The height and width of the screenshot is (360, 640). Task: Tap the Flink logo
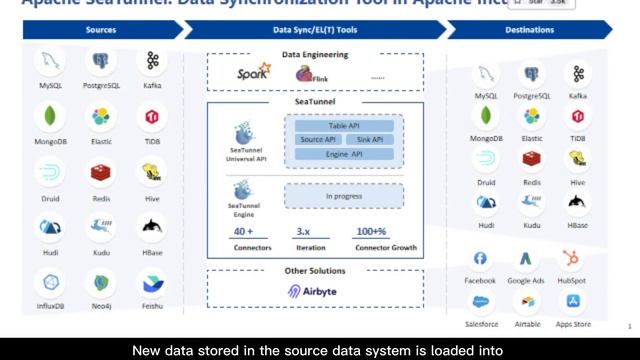click(306, 73)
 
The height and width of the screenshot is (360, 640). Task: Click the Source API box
click(319, 140)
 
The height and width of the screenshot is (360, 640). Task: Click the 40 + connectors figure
click(243, 231)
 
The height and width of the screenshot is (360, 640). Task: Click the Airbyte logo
click(315, 291)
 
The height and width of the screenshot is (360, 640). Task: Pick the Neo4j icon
click(102, 284)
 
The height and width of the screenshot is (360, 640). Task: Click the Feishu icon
click(152, 284)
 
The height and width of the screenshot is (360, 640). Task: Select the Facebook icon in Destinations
click(480, 259)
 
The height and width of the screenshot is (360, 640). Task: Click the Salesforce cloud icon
click(480, 301)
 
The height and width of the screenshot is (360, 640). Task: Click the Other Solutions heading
click(315, 270)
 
